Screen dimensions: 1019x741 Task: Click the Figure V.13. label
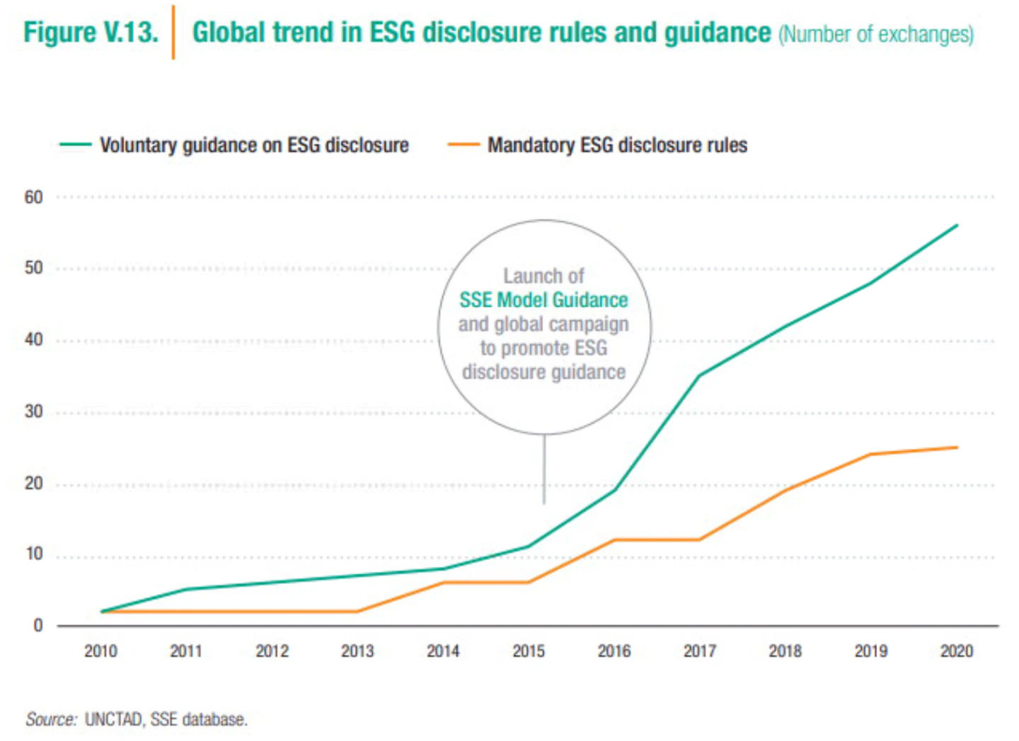[x=91, y=33]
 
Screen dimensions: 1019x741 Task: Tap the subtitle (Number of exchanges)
[x=876, y=35]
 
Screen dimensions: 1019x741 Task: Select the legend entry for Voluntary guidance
[x=234, y=145]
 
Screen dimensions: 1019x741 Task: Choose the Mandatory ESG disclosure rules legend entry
[x=597, y=145]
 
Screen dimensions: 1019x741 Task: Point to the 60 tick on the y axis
[x=34, y=197]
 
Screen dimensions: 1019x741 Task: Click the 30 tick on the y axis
[x=34, y=412]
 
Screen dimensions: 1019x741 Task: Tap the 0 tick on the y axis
[x=38, y=626]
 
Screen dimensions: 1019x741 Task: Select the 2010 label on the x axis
[x=101, y=651]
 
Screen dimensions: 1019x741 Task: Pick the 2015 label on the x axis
[x=529, y=651]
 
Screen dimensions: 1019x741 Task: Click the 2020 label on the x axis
[x=957, y=651]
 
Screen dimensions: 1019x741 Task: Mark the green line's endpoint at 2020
[x=957, y=225]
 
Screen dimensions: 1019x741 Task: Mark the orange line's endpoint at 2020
[x=957, y=448]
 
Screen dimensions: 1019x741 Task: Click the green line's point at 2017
[x=700, y=375]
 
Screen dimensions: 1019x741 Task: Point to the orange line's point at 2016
[x=614, y=539]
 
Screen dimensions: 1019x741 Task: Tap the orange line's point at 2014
[x=444, y=583]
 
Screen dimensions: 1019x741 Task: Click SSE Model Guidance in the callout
[x=543, y=300]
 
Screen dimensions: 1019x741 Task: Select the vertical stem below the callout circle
[x=544, y=469]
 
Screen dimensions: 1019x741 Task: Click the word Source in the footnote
[x=50, y=720]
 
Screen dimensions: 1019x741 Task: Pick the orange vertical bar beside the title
[x=173, y=33]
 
